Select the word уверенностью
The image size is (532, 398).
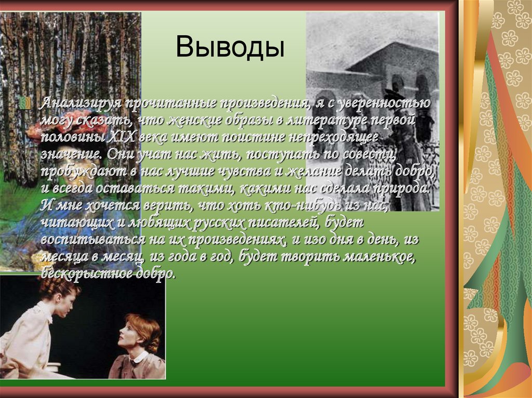[x=384, y=103]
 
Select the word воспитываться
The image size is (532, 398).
[x=85, y=240]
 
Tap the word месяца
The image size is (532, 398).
[x=60, y=257]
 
